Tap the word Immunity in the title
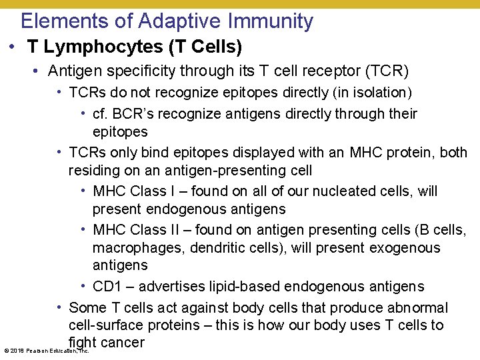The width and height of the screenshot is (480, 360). (x=270, y=21)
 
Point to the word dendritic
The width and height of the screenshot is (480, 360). (x=219, y=248)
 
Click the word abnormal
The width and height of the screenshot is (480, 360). (x=419, y=308)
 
